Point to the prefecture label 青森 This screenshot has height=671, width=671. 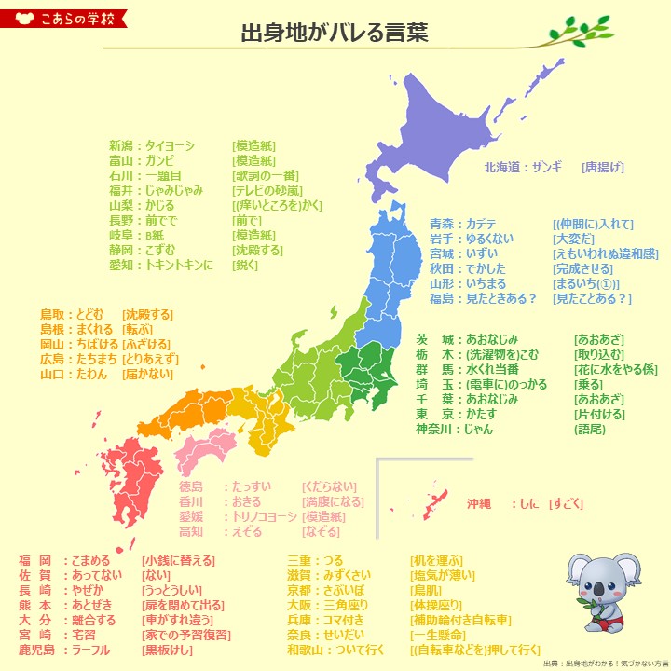(442, 224)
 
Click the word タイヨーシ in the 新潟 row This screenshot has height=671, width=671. (170, 145)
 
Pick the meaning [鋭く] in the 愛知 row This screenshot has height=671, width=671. (246, 265)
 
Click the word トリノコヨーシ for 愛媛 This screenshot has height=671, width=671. (262, 516)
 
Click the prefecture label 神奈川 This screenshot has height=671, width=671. (433, 430)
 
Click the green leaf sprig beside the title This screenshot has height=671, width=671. (578, 34)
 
